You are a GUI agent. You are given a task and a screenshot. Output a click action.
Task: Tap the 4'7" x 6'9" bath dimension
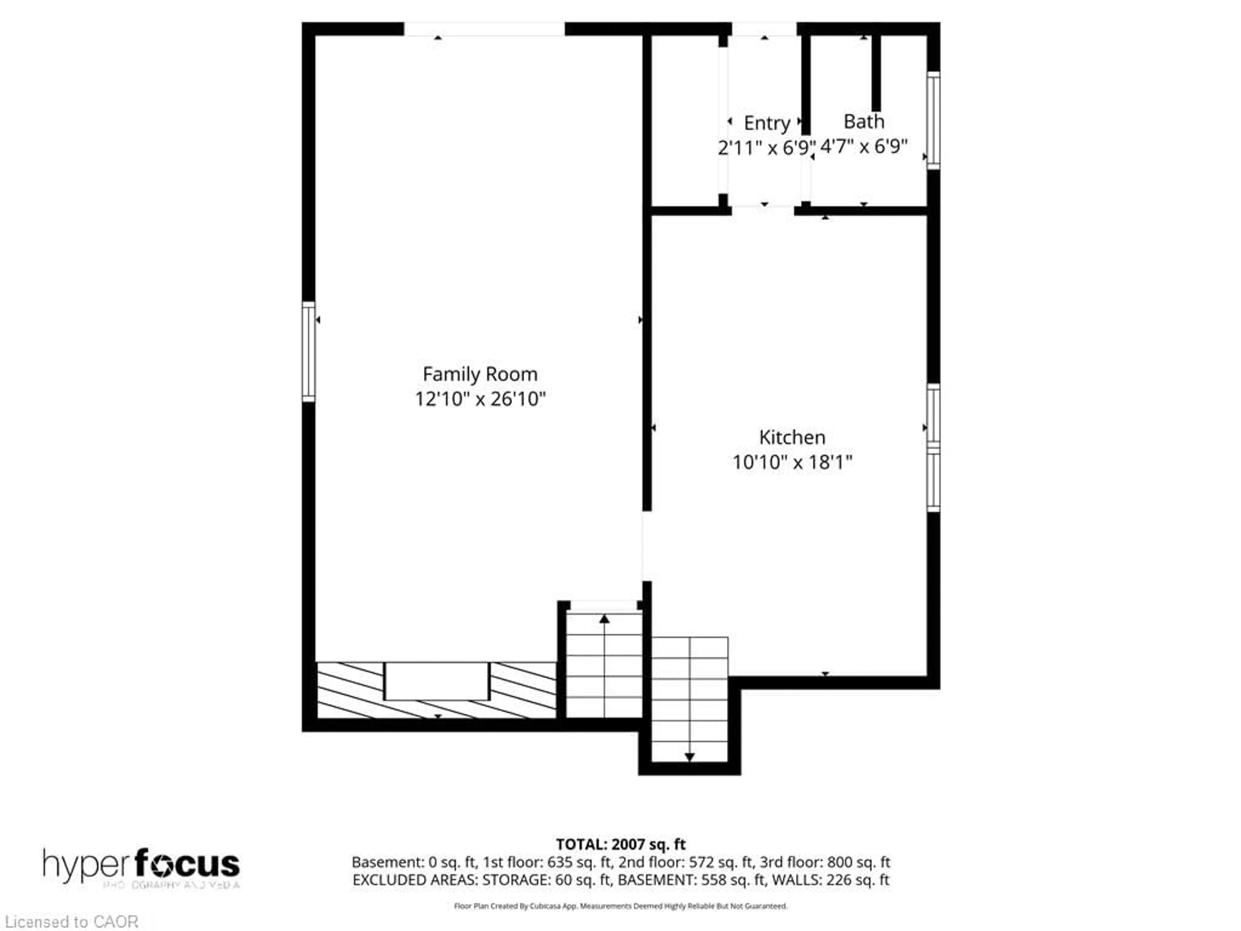pyautogui.click(x=864, y=146)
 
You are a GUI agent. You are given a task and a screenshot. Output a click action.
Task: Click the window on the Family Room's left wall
pyautogui.click(x=308, y=352)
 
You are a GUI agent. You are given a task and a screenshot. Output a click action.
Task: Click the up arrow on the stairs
pyautogui.click(x=604, y=619)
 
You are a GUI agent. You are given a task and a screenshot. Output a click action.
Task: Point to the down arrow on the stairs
pyautogui.click(x=690, y=757)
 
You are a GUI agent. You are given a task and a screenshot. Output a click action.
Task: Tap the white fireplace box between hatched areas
pyautogui.click(x=437, y=681)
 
